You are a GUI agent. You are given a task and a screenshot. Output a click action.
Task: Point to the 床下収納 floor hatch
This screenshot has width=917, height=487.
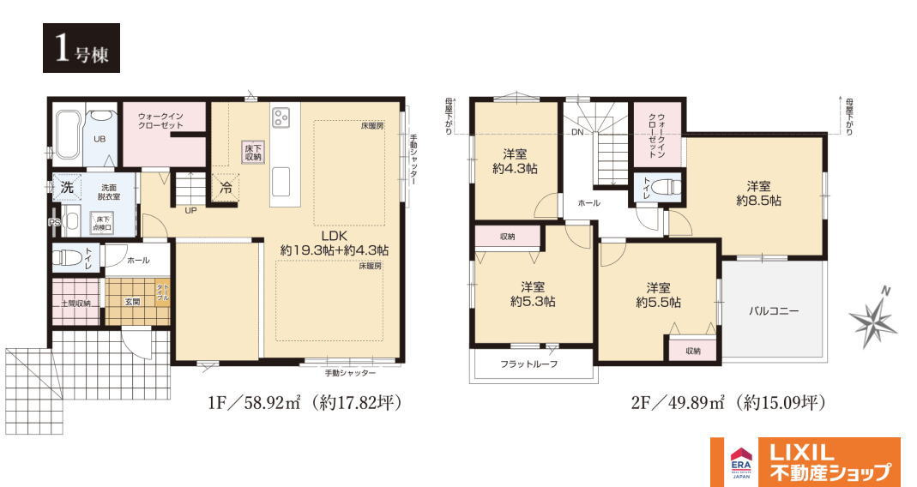point(253,152)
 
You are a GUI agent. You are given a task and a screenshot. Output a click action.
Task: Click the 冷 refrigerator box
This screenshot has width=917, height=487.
point(226,187)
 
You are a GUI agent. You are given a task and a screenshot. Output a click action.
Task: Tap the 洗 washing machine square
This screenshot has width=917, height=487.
point(66,186)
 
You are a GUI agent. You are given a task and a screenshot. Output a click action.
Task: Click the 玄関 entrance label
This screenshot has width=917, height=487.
point(133,302)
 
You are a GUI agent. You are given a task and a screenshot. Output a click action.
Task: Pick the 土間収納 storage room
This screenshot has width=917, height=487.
point(75,303)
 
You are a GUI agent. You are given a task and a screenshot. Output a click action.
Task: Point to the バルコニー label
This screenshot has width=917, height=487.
point(774,311)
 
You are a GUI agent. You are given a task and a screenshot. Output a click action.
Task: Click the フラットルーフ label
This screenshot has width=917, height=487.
point(529,364)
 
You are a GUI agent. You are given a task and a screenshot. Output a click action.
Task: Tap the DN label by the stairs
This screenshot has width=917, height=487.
point(578,133)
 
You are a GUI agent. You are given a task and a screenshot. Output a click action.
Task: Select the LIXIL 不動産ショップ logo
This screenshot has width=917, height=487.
point(805,462)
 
